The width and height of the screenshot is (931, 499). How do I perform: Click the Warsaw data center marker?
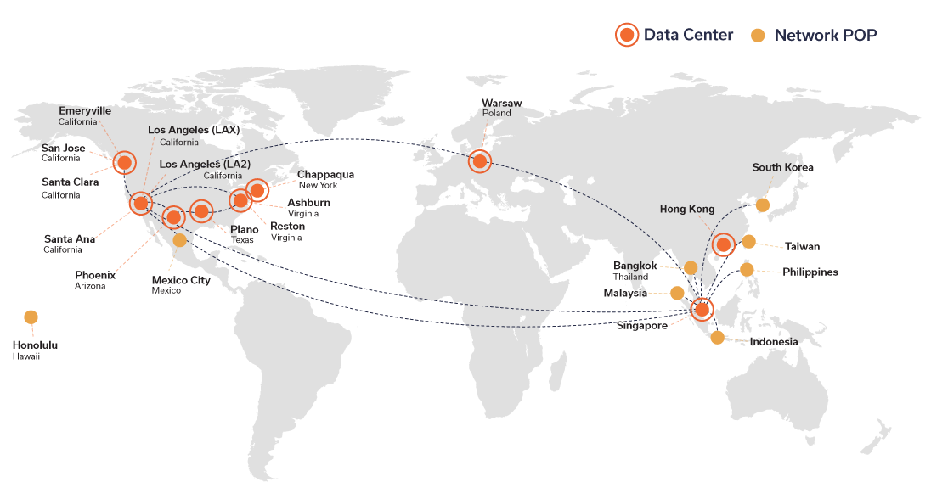coord(480,160)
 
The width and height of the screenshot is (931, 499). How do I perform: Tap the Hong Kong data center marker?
coord(723,244)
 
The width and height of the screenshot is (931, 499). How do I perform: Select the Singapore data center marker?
coord(702,309)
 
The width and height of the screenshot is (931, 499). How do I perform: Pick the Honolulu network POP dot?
coord(31,317)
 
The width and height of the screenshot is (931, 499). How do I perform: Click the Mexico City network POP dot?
coord(180,239)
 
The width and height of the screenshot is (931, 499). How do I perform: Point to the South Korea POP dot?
coord(763,205)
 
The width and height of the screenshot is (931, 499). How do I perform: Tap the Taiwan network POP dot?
coord(749,242)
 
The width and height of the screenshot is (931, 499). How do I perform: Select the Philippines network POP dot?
coord(747,270)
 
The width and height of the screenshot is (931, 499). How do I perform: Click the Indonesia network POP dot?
coord(717,338)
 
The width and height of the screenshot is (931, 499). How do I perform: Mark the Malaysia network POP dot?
coord(677,293)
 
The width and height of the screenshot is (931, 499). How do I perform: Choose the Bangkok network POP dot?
coord(691,267)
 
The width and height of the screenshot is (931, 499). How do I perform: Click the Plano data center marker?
coord(201,210)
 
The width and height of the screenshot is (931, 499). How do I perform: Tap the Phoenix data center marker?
coord(173,218)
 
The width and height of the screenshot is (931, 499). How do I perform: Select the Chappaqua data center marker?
coord(257,190)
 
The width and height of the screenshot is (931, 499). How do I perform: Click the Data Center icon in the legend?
coord(626,35)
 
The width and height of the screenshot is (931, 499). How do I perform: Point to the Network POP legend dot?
coord(758,36)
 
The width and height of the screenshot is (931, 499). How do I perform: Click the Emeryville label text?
coord(85,111)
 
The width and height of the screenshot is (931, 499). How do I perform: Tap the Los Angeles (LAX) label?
coord(194,130)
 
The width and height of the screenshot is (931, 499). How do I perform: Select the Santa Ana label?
coord(70,239)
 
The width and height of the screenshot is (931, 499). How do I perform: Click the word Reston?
coord(287,226)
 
